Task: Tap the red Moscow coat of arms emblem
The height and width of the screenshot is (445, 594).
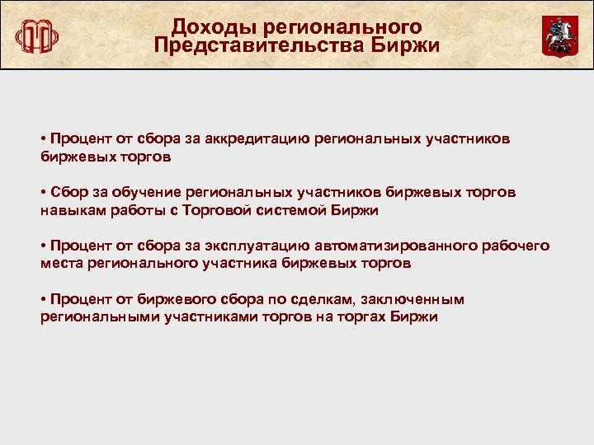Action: point(559,35)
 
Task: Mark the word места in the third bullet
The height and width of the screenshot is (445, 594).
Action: point(60,264)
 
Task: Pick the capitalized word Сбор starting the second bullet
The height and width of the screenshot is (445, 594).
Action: point(67,192)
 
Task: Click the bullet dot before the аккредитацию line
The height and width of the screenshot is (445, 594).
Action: point(42,138)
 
